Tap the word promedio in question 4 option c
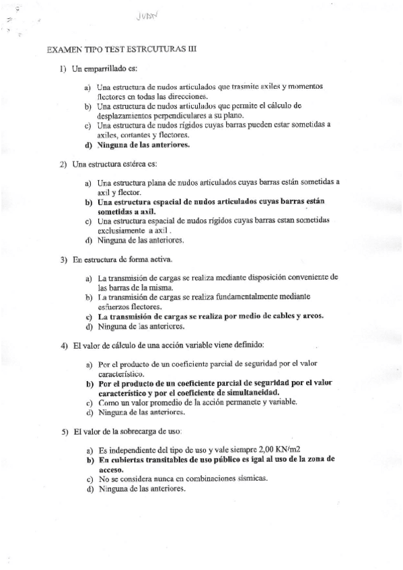pyautogui.click(x=155, y=402)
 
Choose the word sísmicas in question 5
pyautogui.click(x=250, y=479)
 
